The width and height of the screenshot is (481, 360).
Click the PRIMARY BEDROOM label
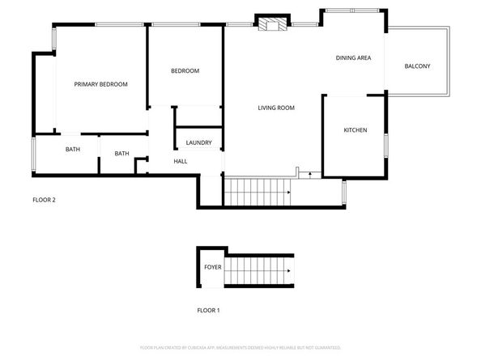click(101, 84)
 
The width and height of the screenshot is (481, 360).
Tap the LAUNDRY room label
click(198, 143)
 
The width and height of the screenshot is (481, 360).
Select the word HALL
click(181, 161)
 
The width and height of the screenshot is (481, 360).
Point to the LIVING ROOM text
click(275, 108)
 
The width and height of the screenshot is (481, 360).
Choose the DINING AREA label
click(353, 58)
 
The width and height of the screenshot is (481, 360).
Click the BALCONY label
click(417, 66)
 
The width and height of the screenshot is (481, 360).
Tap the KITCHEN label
click(355, 130)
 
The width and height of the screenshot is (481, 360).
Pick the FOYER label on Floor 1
click(212, 267)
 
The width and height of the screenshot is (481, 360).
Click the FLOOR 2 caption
click(44, 200)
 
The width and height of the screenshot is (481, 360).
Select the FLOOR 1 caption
click(208, 310)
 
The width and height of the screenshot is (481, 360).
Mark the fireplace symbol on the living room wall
click(271, 23)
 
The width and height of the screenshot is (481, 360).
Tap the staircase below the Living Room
click(258, 192)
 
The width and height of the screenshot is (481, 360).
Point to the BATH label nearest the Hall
click(121, 154)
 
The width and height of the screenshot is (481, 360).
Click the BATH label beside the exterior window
click(73, 149)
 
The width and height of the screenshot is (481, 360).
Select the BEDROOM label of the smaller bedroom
click(185, 71)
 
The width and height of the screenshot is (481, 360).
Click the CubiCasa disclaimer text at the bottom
click(240, 347)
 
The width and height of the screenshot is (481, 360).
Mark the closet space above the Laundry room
click(198, 116)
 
